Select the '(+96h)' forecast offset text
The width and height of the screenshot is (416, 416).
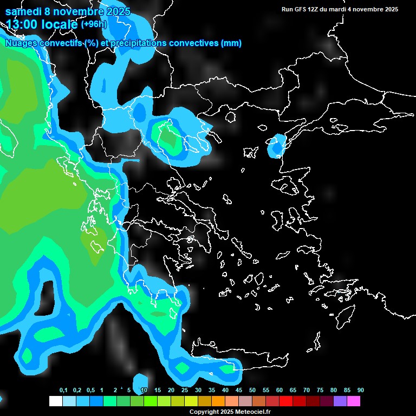point(94,24)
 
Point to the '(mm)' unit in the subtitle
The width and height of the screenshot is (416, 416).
point(231,43)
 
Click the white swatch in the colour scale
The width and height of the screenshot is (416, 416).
point(55,401)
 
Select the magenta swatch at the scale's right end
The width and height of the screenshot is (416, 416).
point(354,401)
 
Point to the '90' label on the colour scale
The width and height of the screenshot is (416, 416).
point(361,391)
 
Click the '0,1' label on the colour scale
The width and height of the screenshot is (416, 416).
point(63,391)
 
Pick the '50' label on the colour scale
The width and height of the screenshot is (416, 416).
point(252,391)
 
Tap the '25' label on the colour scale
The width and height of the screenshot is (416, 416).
point(185,391)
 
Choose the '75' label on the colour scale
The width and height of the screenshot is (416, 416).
point(320,391)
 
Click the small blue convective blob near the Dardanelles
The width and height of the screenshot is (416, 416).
point(276,146)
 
